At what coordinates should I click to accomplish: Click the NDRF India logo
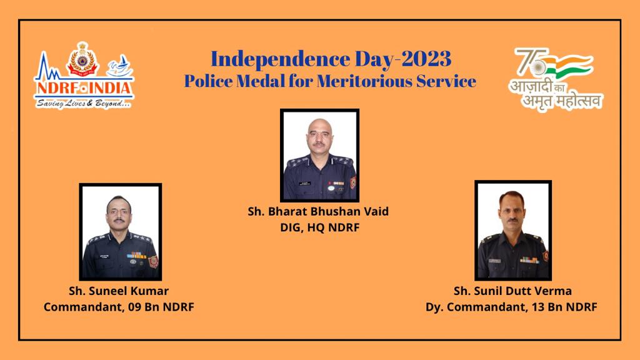click(x=84, y=76)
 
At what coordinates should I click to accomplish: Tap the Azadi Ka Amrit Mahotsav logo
click(x=556, y=79)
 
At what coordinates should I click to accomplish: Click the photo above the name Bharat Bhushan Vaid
click(x=319, y=156)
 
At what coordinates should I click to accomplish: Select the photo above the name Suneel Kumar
click(x=121, y=232)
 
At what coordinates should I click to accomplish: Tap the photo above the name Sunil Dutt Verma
click(x=513, y=231)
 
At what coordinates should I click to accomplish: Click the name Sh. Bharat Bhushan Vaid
click(x=318, y=211)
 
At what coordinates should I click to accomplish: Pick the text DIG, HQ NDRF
click(x=319, y=227)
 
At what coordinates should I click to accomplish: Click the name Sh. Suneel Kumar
click(x=119, y=291)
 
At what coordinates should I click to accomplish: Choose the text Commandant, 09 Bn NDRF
click(x=119, y=307)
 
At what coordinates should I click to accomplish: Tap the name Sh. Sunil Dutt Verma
click(x=512, y=291)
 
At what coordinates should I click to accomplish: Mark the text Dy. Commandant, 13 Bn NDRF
click(x=511, y=307)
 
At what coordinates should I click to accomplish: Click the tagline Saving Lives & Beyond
click(x=84, y=104)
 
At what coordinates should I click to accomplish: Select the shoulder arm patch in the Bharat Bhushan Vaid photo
click(x=353, y=182)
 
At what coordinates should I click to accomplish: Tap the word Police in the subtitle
click(x=207, y=81)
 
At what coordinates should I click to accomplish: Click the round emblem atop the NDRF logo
click(x=83, y=59)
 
